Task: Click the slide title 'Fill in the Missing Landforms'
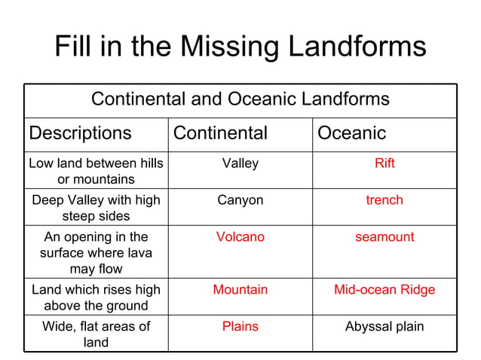click(x=240, y=47)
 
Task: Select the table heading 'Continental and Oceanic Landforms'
click(x=240, y=99)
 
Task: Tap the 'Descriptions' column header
click(x=80, y=133)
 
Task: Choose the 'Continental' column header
click(x=220, y=133)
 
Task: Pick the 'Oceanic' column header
click(x=351, y=133)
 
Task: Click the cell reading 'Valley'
click(x=240, y=163)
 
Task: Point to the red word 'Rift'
click(x=384, y=163)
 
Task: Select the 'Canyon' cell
click(x=240, y=200)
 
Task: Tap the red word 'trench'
click(x=384, y=200)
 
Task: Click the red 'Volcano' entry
click(x=240, y=237)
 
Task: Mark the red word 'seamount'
click(x=384, y=237)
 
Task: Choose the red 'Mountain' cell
click(x=240, y=289)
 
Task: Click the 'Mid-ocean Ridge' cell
click(x=384, y=289)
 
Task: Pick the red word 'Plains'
click(x=240, y=326)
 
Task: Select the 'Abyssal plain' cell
click(x=384, y=326)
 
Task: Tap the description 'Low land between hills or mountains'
click(x=96, y=171)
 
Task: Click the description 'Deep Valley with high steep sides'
click(x=96, y=208)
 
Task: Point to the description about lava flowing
click(x=96, y=253)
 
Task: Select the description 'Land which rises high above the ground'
click(x=96, y=297)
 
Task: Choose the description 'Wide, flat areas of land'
click(x=96, y=334)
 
